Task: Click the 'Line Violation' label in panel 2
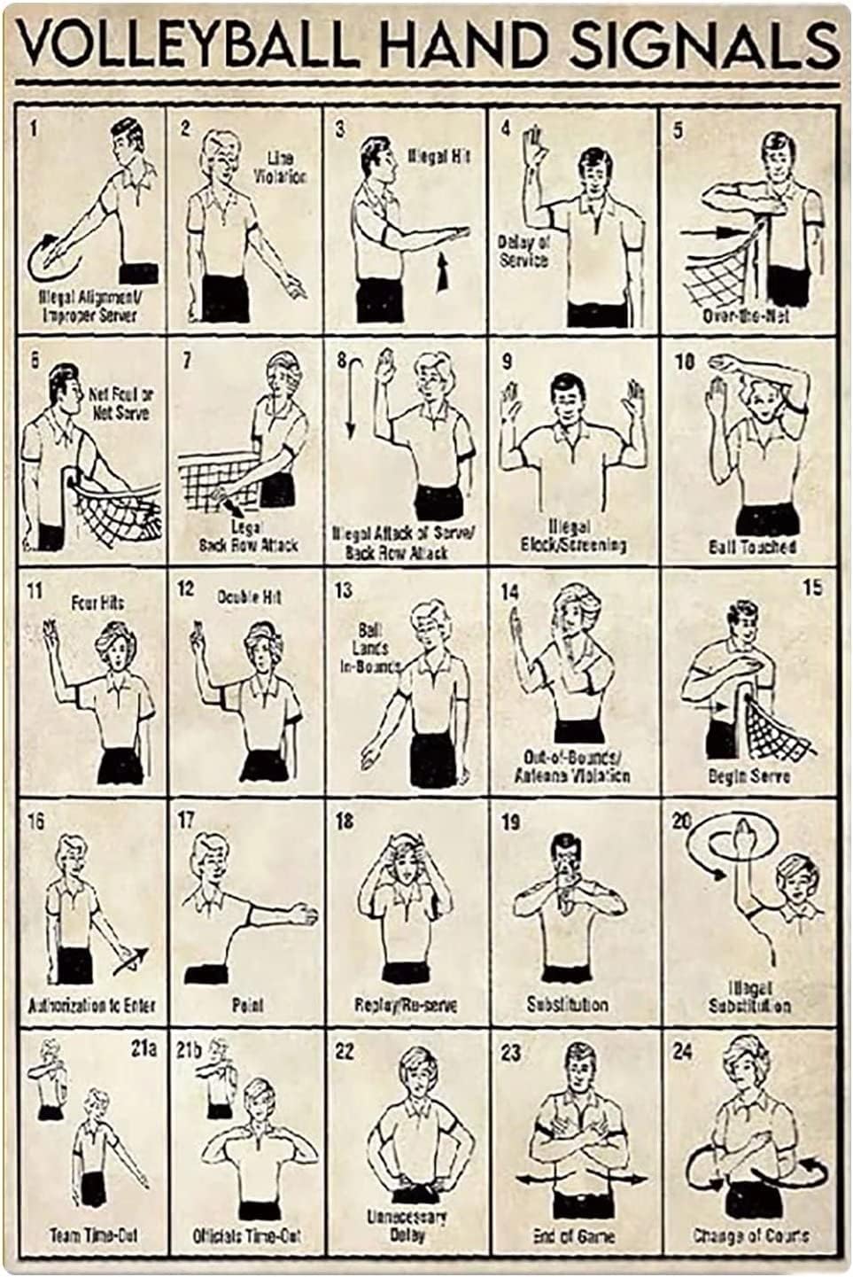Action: pyautogui.click(x=279, y=167)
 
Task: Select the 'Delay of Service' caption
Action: pyautogui.click(x=523, y=251)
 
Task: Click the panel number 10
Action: pyautogui.click(x=685, y=361)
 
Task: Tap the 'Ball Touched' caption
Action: pyautogui.click(x=751, y=547)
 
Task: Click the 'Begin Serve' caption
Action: pyautogui.click(x=749, y=775)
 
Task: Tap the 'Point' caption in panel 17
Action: pyautogui.click(x=247, y=1005)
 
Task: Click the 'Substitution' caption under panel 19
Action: pyautogui.click(x=567, y=1005)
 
